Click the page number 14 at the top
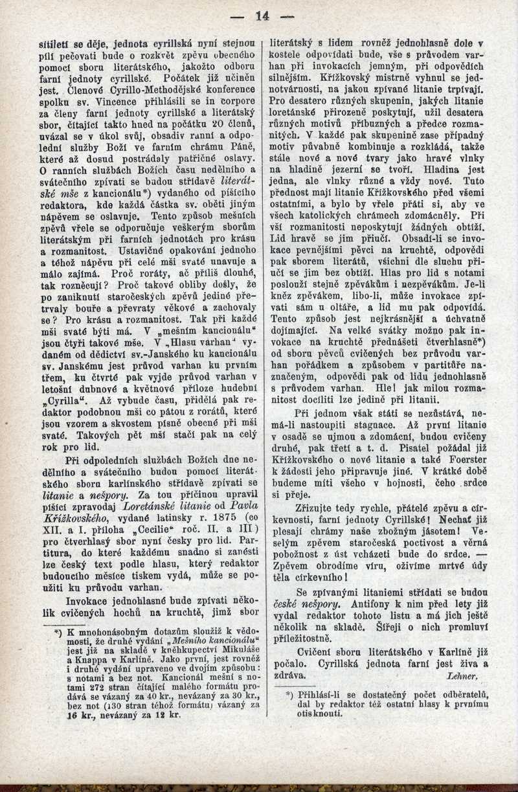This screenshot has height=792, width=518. click(262, 16)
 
